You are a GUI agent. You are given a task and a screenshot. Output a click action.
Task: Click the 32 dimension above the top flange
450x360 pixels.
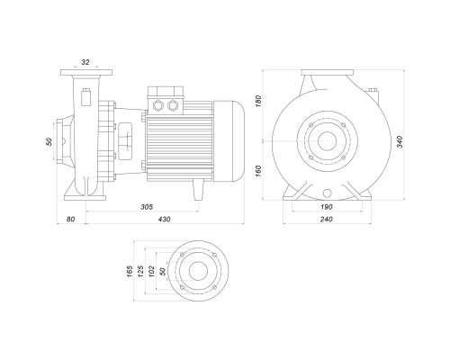pyautogui.click(x=85, y=62)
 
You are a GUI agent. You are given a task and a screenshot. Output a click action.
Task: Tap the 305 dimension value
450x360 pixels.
pyautogui.click(x=147, y=207)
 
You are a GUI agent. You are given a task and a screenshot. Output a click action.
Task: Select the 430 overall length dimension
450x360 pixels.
pyautogui.click(x=164, y=220)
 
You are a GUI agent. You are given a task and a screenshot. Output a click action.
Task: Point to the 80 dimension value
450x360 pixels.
pyautogui.click(x=70, y=220)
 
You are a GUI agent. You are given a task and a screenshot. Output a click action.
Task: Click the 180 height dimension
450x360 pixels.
pyautogui.click(x=258, y=101)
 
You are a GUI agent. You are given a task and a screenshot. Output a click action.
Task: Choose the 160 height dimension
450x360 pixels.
pyautogui.click(x=258, y=171)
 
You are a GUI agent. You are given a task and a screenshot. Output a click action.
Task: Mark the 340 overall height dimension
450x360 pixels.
pyautogui.click(x=400, y=141)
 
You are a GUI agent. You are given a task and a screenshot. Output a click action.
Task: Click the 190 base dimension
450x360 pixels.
pyautogui.click(x=327, y=207)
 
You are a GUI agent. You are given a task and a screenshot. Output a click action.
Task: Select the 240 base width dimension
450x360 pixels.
pyautogui.click(x=327, y=220)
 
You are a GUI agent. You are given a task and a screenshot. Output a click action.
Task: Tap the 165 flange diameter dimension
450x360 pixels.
pyautogui.click(x=130, y=271)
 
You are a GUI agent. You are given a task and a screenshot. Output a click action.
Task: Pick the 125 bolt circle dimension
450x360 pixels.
pyautogui.click(x=140, y=271)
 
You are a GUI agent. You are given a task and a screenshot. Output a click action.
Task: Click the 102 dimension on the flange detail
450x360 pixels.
pyautogui.click(x=152, y=271)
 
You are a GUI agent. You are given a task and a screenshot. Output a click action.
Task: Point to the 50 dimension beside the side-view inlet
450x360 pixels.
pyautogui.click(x=49, y=141)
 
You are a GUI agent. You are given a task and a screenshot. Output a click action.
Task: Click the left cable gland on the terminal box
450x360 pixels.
pyautogui.click(x=157, y=105)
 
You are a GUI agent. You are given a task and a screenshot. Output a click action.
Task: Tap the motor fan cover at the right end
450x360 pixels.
pyautogui.click(x=229, y=141)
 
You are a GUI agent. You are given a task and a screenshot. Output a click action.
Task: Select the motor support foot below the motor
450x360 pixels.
pyautogui.click(x=198, y=190)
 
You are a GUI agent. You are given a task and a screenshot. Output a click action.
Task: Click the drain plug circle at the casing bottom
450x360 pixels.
pyautogui.click(x=327, y=193)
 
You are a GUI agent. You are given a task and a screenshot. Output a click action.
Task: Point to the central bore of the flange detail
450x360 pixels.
pyautogui.click(x=198, y=271)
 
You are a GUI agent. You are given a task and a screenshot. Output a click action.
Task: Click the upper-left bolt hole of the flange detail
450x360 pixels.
pyautogui.click(x=182, y=255)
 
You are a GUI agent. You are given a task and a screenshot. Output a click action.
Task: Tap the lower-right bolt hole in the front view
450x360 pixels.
pyautogui.click(x=344, y=157)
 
